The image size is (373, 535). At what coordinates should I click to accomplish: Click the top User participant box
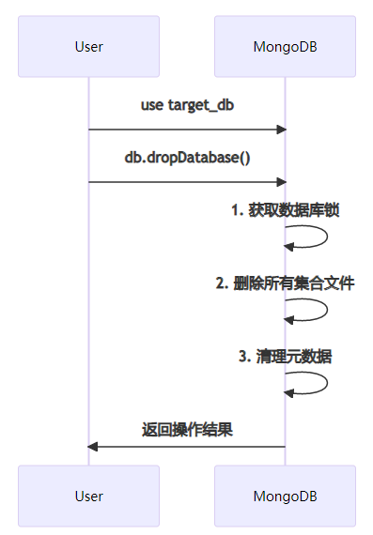click(89, 46)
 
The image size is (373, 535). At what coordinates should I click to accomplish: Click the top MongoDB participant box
click(286, 46)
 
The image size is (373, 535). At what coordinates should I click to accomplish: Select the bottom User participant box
click(89, 497)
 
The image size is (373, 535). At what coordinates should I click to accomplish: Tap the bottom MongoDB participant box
click(286, 497)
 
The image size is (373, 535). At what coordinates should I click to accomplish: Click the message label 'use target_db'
click(187, 105)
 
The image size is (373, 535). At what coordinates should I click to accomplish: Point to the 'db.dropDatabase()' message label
click(187, 158)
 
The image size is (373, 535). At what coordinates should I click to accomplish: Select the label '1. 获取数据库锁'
click(286, 210)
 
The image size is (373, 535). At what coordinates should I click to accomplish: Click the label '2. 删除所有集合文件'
click(286, 283)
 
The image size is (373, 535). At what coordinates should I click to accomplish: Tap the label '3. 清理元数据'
click(286, 357)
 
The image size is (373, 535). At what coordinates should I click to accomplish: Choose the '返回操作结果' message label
click(187, 430)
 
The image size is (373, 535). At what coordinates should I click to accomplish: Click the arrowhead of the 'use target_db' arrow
click(282, 130)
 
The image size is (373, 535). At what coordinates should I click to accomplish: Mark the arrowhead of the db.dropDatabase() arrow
click(282, 182)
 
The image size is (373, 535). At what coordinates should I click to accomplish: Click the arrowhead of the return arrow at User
click(93, 447)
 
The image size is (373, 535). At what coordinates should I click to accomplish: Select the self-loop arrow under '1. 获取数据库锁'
click(327, 237)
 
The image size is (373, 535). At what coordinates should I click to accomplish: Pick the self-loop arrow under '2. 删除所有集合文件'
click(327, 310)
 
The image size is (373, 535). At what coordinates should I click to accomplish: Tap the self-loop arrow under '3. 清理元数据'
click(327, 383)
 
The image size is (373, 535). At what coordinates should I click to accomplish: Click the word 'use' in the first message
click(152, 106)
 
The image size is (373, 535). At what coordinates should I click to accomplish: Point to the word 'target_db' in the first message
click(201, 105)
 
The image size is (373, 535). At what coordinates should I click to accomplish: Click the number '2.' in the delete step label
click(222, 283)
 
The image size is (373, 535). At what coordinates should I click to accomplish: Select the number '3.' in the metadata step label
click(245, 357)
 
